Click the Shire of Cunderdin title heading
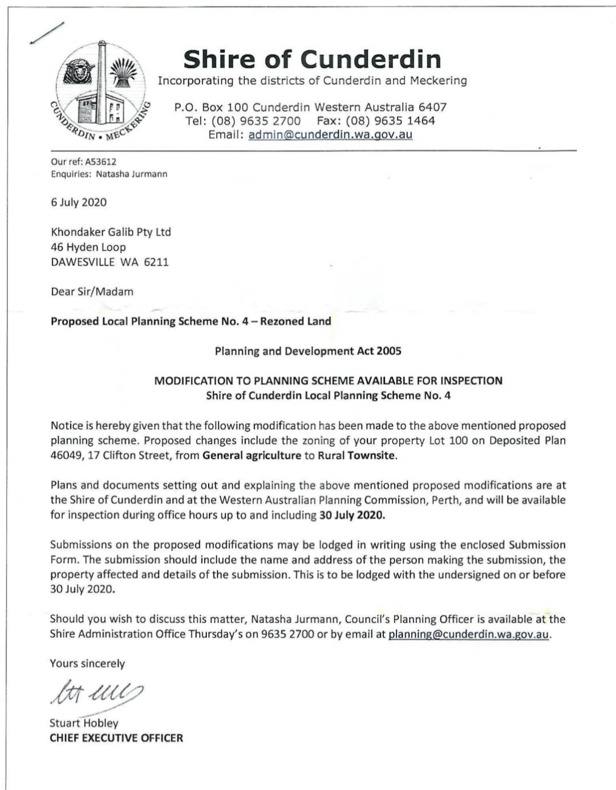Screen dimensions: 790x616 tap(312, 59)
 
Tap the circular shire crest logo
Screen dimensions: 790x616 tap(102, 94)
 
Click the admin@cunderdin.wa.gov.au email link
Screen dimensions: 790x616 tap(330, 135)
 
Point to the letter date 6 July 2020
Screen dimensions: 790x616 tap(79, 202)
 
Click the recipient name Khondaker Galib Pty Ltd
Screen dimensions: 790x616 tap(111, 232)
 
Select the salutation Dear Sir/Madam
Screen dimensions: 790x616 tap(92, 291)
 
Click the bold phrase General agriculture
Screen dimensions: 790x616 tap(252, 455)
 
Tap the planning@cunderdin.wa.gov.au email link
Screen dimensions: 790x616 tap(468, 634)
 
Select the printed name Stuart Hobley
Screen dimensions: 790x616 tap(84, 723)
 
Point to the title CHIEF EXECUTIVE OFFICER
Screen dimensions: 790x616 tap(116, 738)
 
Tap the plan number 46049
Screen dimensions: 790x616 tap(66, 455)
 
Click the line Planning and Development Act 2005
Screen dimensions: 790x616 tap(308, 351)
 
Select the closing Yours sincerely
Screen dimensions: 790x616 tap(87, 663)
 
